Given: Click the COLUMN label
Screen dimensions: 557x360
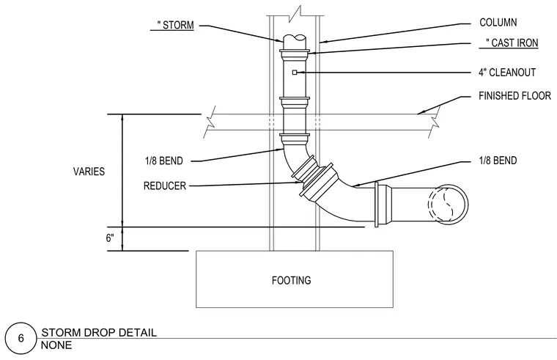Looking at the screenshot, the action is click(498, 23).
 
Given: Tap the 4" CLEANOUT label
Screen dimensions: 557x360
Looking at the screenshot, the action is click(507, 73).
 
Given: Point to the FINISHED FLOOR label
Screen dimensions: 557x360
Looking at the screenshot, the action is click(514, 96).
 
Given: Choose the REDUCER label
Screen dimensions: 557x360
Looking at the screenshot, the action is click(165, 185).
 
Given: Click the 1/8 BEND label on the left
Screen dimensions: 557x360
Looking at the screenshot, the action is click(163, 161).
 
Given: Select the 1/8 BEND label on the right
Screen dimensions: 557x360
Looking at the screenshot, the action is click(498, 161).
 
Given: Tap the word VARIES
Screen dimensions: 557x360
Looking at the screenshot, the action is click(89, 172).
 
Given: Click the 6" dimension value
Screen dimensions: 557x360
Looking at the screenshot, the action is click(110, 238).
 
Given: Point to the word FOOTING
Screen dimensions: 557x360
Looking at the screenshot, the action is click(291, 280).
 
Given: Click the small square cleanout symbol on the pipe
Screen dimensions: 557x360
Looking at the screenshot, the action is click(295, 73).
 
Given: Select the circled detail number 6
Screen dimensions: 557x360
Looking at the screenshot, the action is click(21, 338).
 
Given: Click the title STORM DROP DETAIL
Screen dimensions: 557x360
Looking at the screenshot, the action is click(99, 333).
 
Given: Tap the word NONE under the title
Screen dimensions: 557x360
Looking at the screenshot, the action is click(56, 345).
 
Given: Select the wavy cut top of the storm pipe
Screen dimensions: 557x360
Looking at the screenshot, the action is click(295, 37).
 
